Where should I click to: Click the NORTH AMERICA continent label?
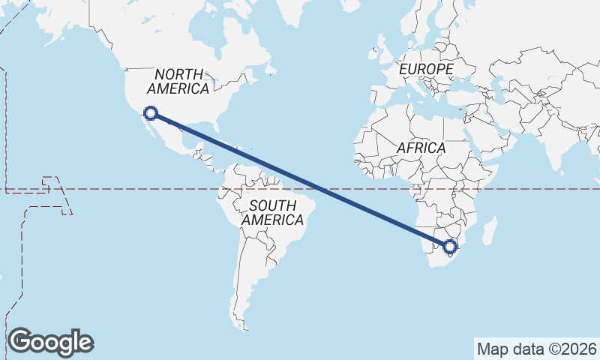178,81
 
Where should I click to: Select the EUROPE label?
426,69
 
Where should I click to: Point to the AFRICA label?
421,148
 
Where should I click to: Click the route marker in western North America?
151,113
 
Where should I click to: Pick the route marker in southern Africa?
450,246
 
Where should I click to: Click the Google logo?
50,341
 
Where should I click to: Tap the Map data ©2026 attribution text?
537,349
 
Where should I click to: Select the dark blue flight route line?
300,180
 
